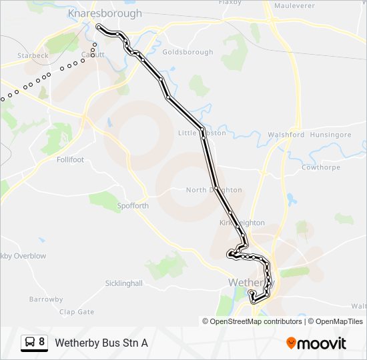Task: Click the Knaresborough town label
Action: [x=105, y=13]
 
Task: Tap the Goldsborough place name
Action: [x=188, y=52]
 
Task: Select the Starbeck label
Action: [x=33, y=56]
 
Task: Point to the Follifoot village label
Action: [x=70, y=160]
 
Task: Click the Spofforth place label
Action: [x=132, y=206]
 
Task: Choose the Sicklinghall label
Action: [x=124, y=283]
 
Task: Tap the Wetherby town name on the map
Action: [x=248, y=283]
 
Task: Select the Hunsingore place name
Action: [x=331, y=135]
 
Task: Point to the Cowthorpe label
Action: [x=320, y=168]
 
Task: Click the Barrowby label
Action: [x=45, y=299]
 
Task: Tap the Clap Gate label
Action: [x=77, y=311]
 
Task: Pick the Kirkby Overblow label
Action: [x=22, y=255]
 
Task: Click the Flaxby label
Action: [x=230, y=2]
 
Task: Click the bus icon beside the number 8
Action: [x=29, y=343]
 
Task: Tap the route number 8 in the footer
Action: [x=42, y=342]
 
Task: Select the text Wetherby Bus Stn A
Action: [x=101, y=343]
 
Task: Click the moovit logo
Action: [x=316, y=343]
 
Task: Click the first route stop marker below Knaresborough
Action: [x=99, y=27]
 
